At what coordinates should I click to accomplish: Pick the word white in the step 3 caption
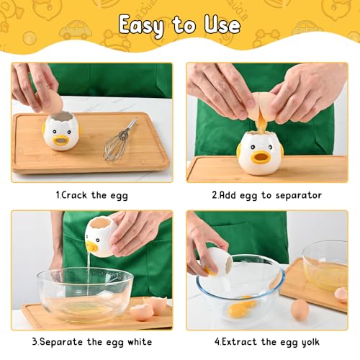[130, 341]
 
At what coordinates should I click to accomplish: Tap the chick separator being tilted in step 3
[101, 238]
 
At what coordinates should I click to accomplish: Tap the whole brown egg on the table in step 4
[299, 310]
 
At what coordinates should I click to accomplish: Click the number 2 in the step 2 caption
[214, 195]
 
